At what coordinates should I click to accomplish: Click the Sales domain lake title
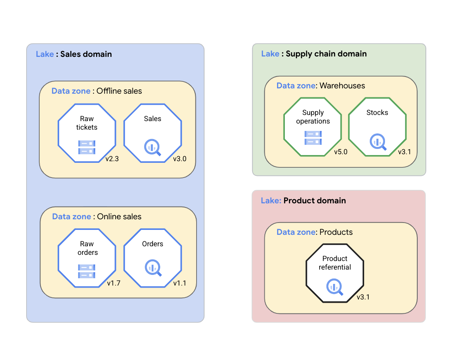(x=74, y=54)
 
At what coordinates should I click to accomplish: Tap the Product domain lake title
(x=303, y=200)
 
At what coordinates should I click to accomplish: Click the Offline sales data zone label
(x=96, y=91)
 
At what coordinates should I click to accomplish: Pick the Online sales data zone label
(x=96, y=216)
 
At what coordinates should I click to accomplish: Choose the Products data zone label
(x=314, y=232)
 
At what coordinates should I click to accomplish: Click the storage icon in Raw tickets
(x=87, y=147)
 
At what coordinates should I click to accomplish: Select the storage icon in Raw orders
(x=87, y=271)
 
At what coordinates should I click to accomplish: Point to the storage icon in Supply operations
(x=313, y=138)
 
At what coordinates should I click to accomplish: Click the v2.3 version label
(x=112, y=159)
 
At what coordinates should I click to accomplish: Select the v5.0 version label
(x=340, y=152)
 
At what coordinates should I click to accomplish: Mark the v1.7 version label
(x=114, y=283)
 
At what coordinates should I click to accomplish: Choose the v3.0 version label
(x=179, y=159)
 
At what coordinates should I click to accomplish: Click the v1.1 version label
(x=179, y=283)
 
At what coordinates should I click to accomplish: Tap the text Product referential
(x=335, y=263)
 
